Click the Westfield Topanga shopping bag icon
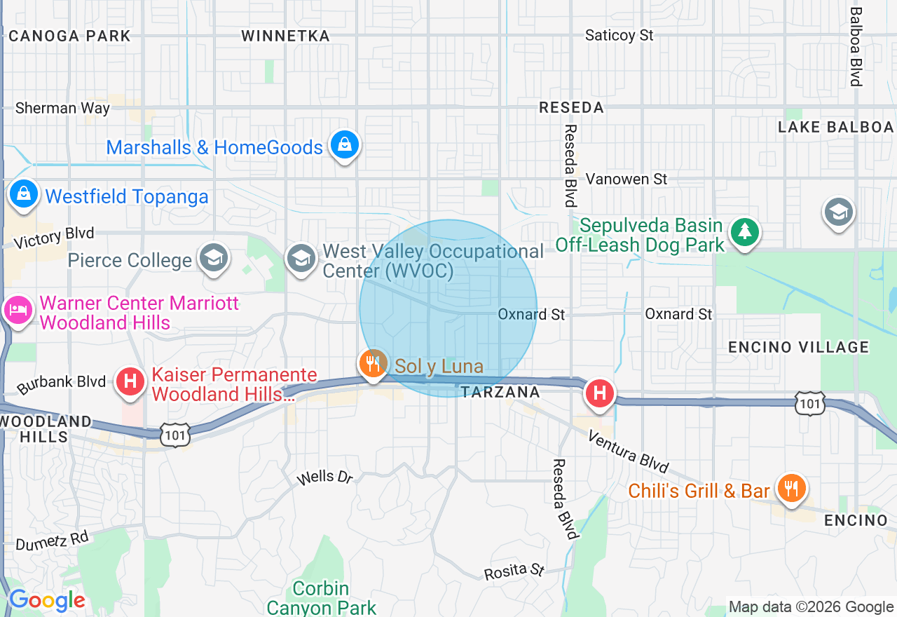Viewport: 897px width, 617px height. point(24,193)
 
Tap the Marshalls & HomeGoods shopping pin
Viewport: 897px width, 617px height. point(344,145)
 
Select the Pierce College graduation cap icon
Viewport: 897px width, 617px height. point(213,258)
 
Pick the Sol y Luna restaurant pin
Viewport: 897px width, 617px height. point(373,363)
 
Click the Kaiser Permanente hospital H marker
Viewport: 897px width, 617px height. point(130,381)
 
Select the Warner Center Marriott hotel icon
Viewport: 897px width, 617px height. point(18,309)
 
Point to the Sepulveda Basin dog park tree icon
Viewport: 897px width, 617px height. point(744,231)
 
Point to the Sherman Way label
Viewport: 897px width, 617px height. point(62,108)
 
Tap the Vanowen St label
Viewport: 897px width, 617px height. point(626,179)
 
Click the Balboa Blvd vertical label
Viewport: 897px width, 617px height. point(856,46)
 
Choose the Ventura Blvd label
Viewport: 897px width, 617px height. point(628,452)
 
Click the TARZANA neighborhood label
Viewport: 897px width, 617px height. point(500,393)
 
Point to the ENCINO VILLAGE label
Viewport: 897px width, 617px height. point(798,347)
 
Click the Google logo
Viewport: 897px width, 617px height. point(46,600)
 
